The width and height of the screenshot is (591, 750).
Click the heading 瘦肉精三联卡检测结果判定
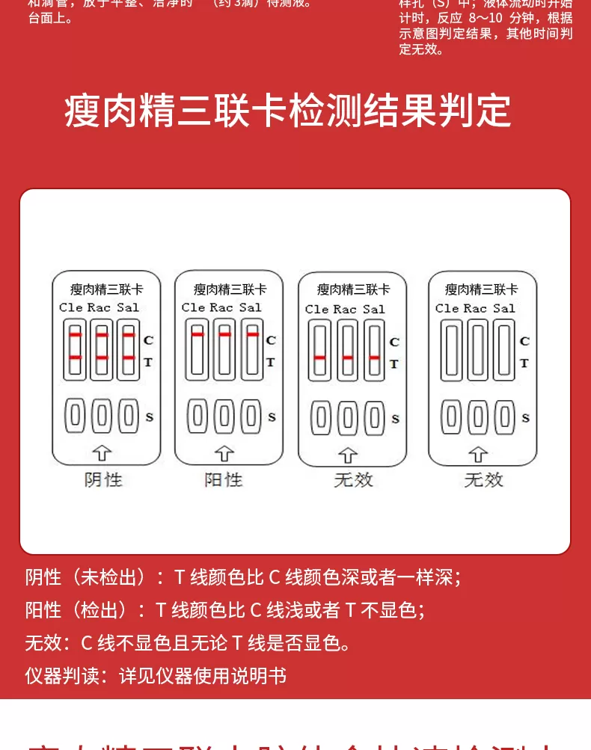pyautogui.click(x=288, y=111)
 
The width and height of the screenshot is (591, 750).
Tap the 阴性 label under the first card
pyautogui.click(x=103, y=479)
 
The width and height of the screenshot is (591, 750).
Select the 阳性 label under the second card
pyautogui.click(x=224, y=479)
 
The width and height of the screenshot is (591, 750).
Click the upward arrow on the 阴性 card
pyautogui.click(x=102, y=452)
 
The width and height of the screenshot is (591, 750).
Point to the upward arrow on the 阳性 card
pyautogui.click(x=224, y=452)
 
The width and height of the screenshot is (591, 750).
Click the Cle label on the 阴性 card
pyautogui.click(x=71, y=307)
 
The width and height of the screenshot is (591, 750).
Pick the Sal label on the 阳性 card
pyautogui.click(x=251, y=307)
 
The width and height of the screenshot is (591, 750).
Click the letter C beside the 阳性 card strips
pyautogui.click(x=271, y=340)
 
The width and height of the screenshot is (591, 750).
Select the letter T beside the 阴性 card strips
pyautogui.click(x=148, y=362)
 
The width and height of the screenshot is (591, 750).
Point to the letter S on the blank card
pyautogui.click(x=525, y=417)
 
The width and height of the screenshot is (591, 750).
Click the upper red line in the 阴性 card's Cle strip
pyautogui.click(x=75, y=336)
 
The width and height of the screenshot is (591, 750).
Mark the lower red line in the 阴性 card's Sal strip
pyautogui.click(x=129, y=358)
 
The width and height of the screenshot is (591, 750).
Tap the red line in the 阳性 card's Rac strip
pyautogui.click(x=224, y=334)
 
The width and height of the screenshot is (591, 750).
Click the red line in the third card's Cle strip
pyautogui.click(x=320, y=358)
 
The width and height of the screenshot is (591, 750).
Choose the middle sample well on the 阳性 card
pyautogui.click(x=224, y=416)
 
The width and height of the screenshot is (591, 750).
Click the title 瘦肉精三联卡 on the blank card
pyautogui.click(x=481, y=289)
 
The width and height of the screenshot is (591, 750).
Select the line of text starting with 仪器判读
pyautogui.click(x=156, y=676)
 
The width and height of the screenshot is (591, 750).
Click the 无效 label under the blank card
pyautogui.click(x=483, y=479)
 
